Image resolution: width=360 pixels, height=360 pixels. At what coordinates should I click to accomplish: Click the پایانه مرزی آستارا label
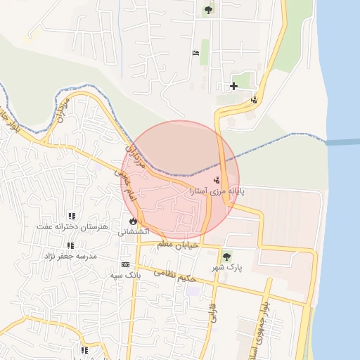pos(217,191)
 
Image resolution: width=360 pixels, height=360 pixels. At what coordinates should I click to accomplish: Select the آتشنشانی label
pos(133,231)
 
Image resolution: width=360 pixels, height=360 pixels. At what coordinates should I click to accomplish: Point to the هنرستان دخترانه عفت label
pos(72,226)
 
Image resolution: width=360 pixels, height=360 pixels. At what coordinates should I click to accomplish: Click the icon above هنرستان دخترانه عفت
pos(71,215)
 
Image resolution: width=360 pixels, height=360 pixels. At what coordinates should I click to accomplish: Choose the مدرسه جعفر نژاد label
pos(70,256)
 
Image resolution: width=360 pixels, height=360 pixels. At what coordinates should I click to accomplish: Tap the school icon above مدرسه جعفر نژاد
pos(70,245)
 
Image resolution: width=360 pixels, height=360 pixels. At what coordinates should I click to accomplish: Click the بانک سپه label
pos(126,275)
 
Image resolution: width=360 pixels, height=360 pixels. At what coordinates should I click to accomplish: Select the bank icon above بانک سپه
pos(126,264)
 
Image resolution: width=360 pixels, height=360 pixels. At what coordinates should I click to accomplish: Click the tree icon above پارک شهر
pos(226,257)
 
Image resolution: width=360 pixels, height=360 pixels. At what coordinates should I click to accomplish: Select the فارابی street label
pos(212,313)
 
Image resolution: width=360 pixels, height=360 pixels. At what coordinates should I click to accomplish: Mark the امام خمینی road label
pos(122,181)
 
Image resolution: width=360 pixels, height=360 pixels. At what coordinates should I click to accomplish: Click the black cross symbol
pos(233,86)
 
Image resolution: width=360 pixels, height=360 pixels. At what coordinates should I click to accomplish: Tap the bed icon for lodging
pos(195,53)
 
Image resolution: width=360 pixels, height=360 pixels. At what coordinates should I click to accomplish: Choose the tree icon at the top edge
pos(208,10)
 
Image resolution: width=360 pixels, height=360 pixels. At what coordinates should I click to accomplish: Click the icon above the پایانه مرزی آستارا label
pos(217,180)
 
